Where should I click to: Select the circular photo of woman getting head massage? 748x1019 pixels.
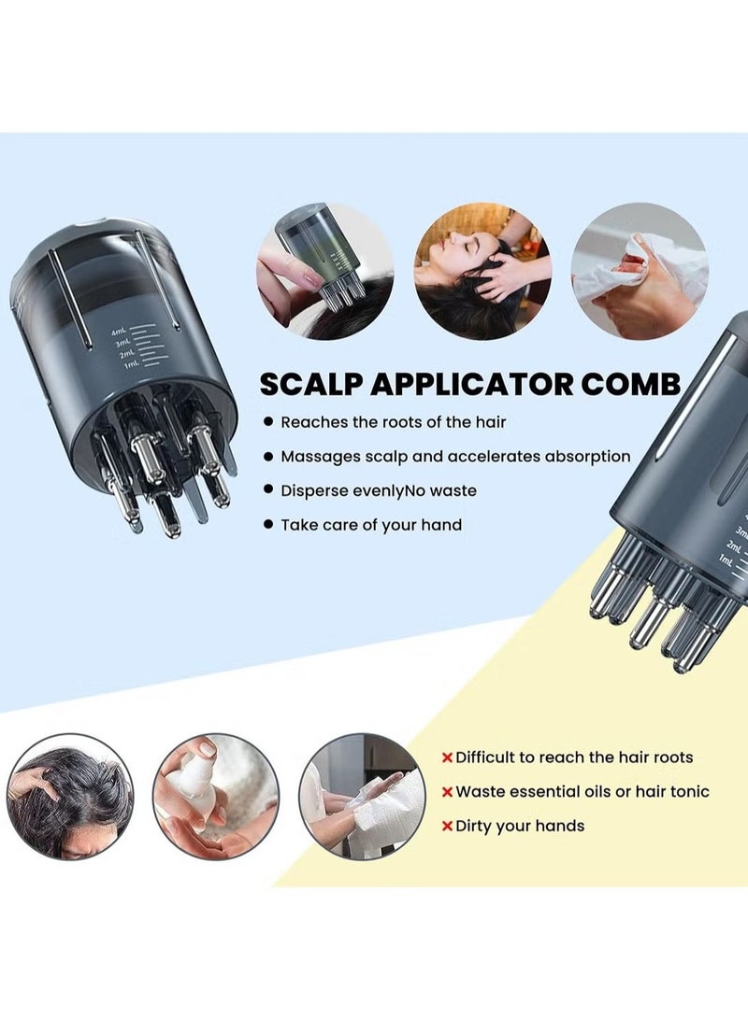pyautogui.click(x=482, y=271)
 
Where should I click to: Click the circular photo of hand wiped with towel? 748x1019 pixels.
pyautogui.click(x=640, y=271)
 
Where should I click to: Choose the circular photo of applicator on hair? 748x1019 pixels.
pyautogui.click(x=325, y=271)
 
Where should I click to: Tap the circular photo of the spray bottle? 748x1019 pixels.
pyautogui.click(x=216, y=796)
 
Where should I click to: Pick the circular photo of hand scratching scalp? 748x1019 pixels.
pyautogui.click(x=70, y=796)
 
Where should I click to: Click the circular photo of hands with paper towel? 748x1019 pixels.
pyautogui.click(x=364, y=796)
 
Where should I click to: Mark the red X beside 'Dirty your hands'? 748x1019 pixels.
pyautogui.click(x=448, y=826)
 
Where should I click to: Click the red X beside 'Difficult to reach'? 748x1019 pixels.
pyautogui.click(x=448, y=757)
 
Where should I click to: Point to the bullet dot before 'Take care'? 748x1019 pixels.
pyautogui.click(x=269, y=525)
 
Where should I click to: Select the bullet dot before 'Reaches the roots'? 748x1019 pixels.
pyautogui.click(x=269, y=422)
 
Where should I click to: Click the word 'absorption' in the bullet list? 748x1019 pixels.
pyautogui.click(x=584, y=457)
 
